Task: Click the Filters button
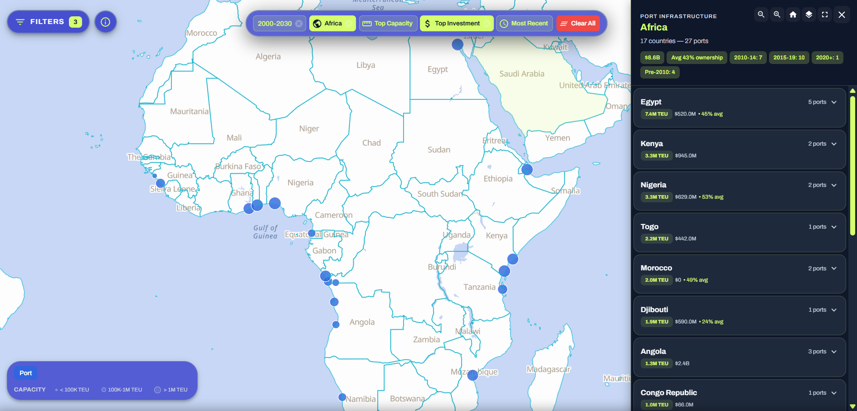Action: point(48,22)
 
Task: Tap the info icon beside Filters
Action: point(106,22)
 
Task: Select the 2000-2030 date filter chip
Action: point(274,24)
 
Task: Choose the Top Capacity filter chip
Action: point(388,24)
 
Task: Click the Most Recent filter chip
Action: point(525,24)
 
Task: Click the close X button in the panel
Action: point(842,15)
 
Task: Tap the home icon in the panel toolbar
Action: point(793,15)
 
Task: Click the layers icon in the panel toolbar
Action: point(809,15)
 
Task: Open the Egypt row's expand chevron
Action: point(834,102)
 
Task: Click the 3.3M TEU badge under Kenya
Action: point(657,156)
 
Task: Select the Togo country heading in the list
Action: point(649,226)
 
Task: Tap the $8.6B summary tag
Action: point(652,58)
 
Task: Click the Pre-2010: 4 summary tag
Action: point(660,72)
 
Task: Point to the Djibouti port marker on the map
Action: point(527,170)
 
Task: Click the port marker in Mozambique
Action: point(472,375)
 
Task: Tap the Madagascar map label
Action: point(548,369)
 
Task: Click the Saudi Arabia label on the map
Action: point(521,74)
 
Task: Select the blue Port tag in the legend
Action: point(26,373)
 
